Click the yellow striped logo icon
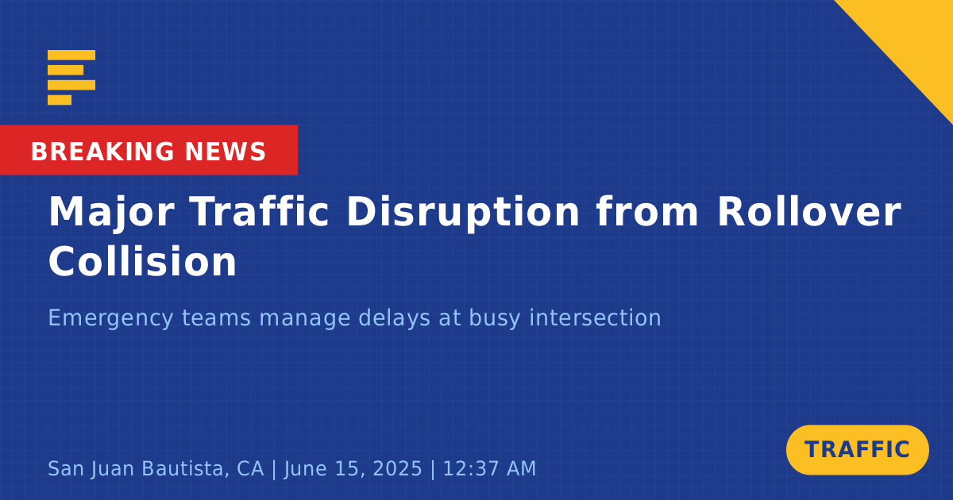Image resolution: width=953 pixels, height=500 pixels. pos(71,78)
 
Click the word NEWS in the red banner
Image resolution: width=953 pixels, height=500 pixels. pos(226,152)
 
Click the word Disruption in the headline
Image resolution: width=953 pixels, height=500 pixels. pos(463,213)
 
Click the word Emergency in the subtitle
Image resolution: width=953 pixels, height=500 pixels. pos(110,318)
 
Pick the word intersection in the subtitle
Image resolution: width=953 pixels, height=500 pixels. pos(595,317)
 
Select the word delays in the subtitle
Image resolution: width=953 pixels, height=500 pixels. pos(395,318)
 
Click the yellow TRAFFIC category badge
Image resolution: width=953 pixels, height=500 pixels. pos(857,450)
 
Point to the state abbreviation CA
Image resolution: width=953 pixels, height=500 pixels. pos(250,468)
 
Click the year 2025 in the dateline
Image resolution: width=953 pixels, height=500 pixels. pos(397,468)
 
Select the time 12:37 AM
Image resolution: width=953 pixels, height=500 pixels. pos(489,468)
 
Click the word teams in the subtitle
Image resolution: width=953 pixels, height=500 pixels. pos(216,318)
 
